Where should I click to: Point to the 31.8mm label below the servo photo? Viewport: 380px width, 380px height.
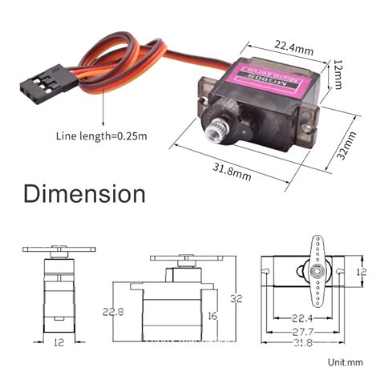pyautogui.click(x=232, y=169)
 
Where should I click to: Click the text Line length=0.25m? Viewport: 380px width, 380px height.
pyautogui.click(x=101, y=135)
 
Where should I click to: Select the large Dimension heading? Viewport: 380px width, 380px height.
pyautogui.click(x=84, y=194)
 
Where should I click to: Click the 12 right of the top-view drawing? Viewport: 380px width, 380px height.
pyautogui.click(x=361, y=273)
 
